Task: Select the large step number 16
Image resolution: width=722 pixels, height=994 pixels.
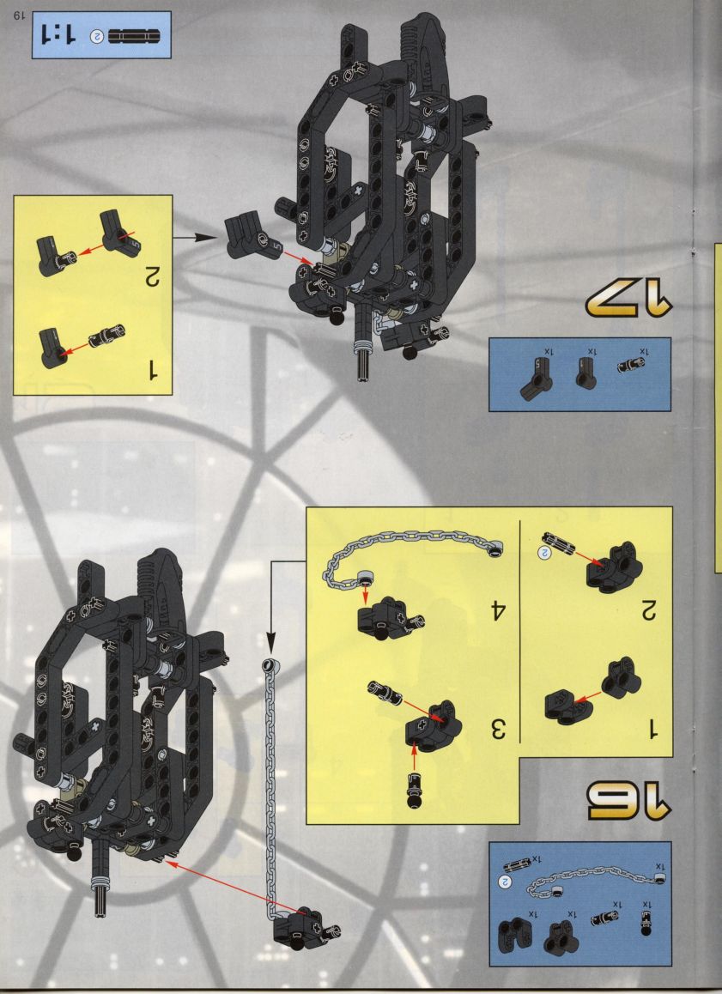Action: point(628,803)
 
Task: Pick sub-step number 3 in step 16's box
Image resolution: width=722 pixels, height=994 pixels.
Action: point(497,729)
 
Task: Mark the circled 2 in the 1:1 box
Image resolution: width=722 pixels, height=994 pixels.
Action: point(98,36)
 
